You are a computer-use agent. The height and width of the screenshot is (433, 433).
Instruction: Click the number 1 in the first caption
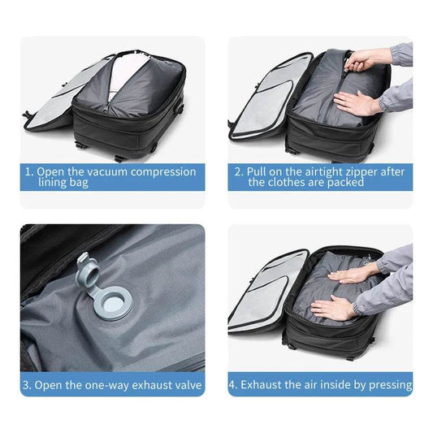click(28, 172)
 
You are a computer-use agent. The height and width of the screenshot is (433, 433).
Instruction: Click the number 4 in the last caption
click(233, 384)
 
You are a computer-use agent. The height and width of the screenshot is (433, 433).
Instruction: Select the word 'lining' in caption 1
click(54, 184)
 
